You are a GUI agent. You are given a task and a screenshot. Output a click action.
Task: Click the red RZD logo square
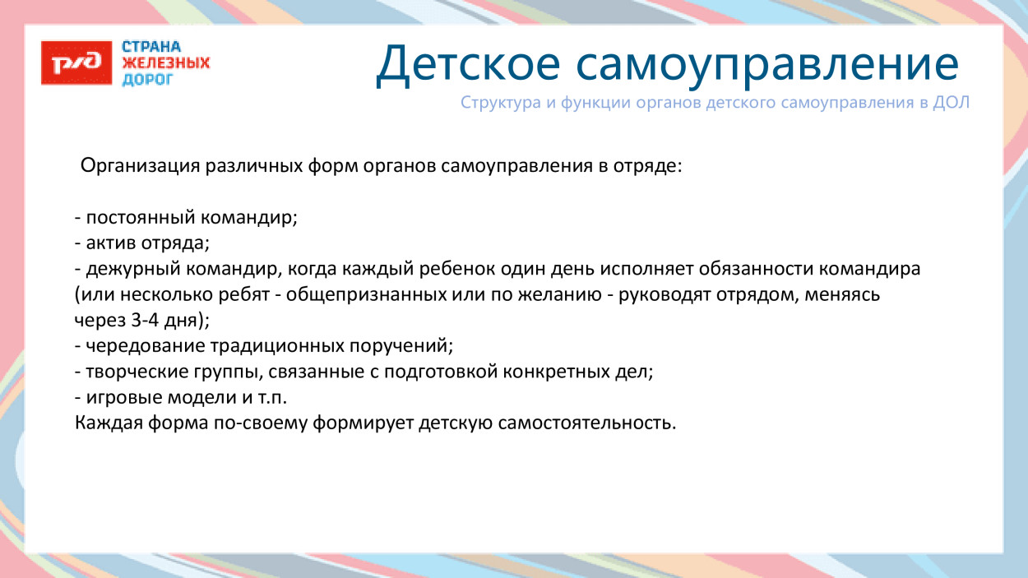point(76,62)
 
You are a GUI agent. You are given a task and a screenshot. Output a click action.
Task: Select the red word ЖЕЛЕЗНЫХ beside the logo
point(165,63)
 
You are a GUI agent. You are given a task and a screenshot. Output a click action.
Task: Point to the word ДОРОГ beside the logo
point(147,79)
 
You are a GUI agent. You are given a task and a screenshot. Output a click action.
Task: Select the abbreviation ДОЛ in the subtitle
point(952,104)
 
